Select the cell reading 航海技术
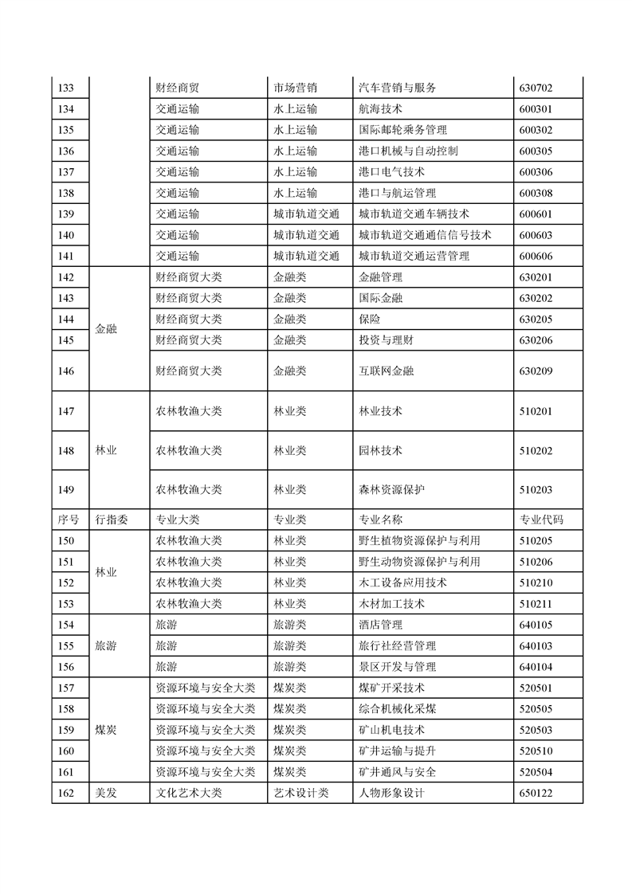pyautogui.click(x=381, y=109)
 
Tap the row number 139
pyautogui.click(x=67, y=214)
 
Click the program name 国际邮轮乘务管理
pyautogui.click(x=402, y=130)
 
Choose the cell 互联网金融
pyautogui.click(x=387, y=371)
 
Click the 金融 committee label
pyautogui.click(x=106, y=328)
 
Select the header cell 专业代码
pyautogui.click(x=541, y=520)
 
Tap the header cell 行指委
pyautogui.click(x=112, y=520)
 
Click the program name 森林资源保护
pyautogui.click(x=391, y=490)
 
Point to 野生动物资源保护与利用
pyautogui.click(x=419, y=562)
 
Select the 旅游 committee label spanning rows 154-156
pyautogui.click(x=106, y=645)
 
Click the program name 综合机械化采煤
pyautogui.click(x=397, y=708)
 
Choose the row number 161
pyautogui.click(x=67, y=771)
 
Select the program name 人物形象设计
pyautogui.click(x=392, y=793)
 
